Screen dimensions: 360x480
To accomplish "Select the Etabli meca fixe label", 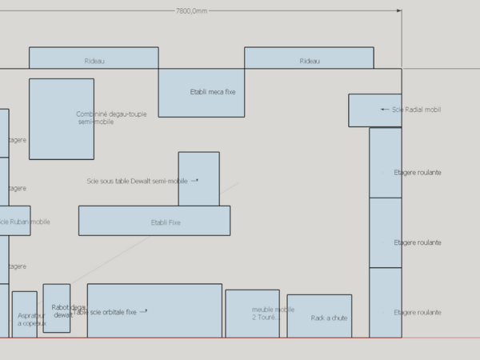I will coord(213,92).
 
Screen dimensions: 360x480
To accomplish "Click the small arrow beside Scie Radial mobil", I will coord(385,110).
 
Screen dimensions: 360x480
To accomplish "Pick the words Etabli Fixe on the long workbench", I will coord(166,222).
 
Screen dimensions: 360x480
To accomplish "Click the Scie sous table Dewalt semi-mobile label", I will coord(137,181).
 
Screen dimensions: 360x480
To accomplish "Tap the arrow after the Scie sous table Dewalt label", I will coord(194,181).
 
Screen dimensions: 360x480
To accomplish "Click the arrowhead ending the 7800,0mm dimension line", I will coord(399,11).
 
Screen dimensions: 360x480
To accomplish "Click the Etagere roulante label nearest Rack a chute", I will coord(418,313).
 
